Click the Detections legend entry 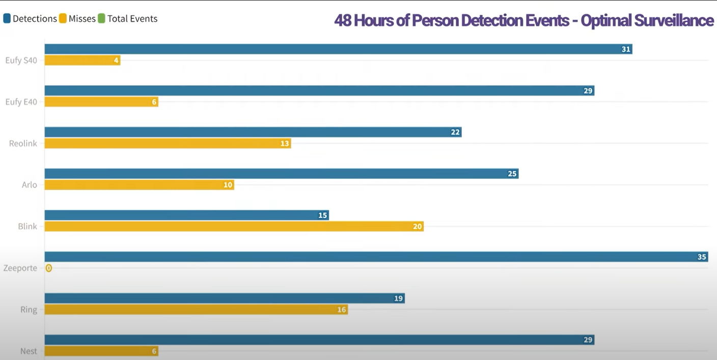tap(31, 19)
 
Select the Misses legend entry tap(78, 19)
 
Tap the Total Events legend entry tap(128, 19)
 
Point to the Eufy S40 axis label tap(21, 61)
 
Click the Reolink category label tap(23, 144)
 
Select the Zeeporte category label tap(20, 268)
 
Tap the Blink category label tap(27, 227)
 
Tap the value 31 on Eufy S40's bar tap(626, 49)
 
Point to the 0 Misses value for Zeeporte tap(48, 268)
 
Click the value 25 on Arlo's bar tap(512, 174)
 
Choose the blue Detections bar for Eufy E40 tap(316, 91)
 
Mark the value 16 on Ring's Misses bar tap(341, 310)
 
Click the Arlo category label tap(30, 185)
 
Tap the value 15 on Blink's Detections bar tap(322, 215)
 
